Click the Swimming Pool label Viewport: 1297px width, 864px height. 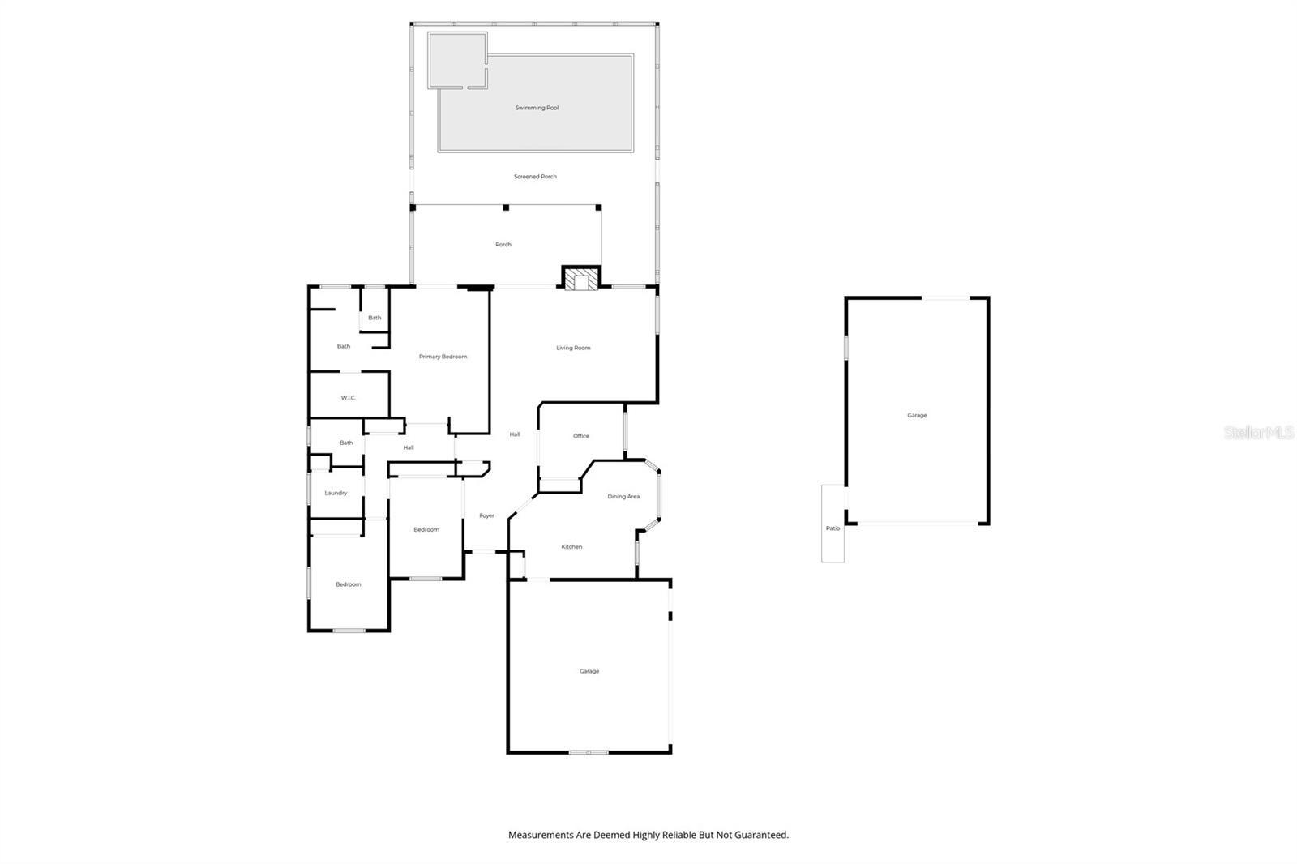(x=537, y=108)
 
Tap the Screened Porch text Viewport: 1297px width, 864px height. (x=535, y=177)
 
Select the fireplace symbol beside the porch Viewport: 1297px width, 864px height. (x=581, y=280)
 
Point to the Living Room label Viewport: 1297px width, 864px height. (x=573, y=349)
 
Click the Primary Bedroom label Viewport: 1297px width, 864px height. (x=443, y=357)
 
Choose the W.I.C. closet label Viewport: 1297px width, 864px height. (x=349, y=398)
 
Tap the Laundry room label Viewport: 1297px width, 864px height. (x=336, y=494)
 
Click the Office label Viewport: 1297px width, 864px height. (x=581, y=436)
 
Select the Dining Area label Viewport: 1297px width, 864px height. (x=623, y=497)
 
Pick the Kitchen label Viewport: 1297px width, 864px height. (x=571, y=547)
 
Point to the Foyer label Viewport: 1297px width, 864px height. (x=486, y=516)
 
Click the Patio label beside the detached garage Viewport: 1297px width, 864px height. (x=833, y=528)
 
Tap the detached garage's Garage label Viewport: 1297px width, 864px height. (x=917, y=416)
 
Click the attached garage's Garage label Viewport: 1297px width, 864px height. (x=589, y=671)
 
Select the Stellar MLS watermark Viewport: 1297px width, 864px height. (x=1258, y=433)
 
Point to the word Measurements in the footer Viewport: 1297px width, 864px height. (x=541, y=835)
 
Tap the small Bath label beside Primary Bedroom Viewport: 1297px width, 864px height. (x=375, y=318)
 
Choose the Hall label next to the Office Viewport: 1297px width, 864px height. (x=515, y=434)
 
